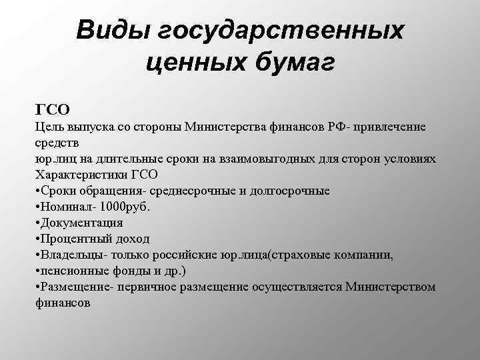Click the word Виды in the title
tap(110, 30)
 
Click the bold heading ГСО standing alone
tap(53, 108)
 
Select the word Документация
tap(82, 222)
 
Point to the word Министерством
tap(391, 286)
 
